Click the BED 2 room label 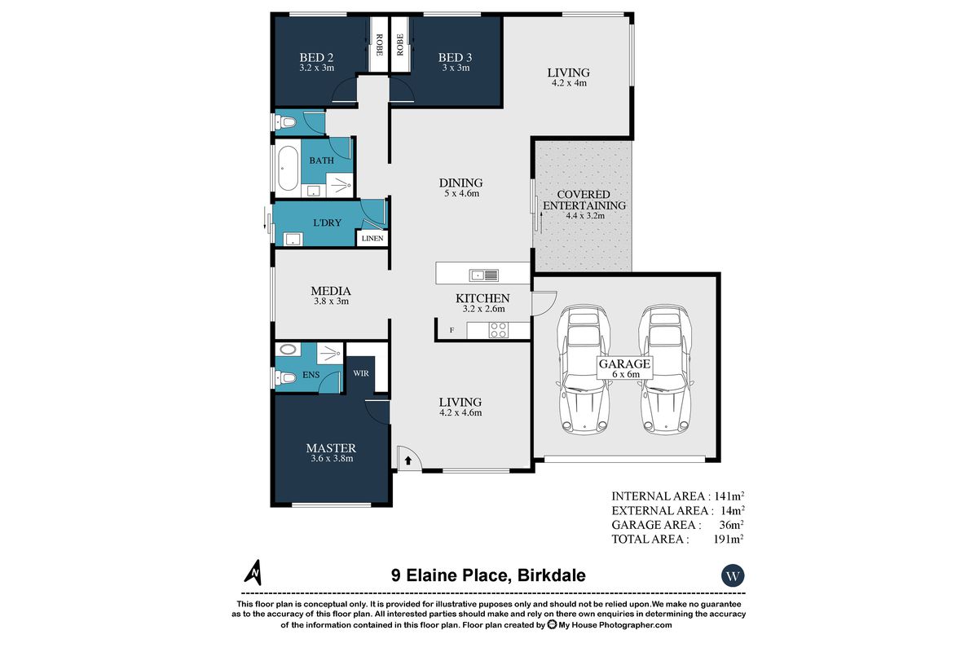click(316, 58)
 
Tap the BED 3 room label click(455, 58)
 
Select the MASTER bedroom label click(331, 448)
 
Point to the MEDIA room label click(331, 291)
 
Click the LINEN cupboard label click(372, 239)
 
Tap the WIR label click(361, 373)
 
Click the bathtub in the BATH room click(289, 168)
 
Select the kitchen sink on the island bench click(484, 275)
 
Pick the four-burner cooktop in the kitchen click(499, 330)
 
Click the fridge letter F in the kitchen click(452, 330)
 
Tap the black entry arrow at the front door click(407, 460)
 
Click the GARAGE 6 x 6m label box click(625, 368)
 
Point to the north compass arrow click(253, 572)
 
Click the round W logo click(733, 575)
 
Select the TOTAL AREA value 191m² click(729, 539)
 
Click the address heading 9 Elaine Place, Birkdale click(488, 575)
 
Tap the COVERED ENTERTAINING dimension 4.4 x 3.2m click(585, 216)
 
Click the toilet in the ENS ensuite click(286, 377)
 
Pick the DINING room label click(460, 183)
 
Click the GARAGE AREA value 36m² click(732, 525)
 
